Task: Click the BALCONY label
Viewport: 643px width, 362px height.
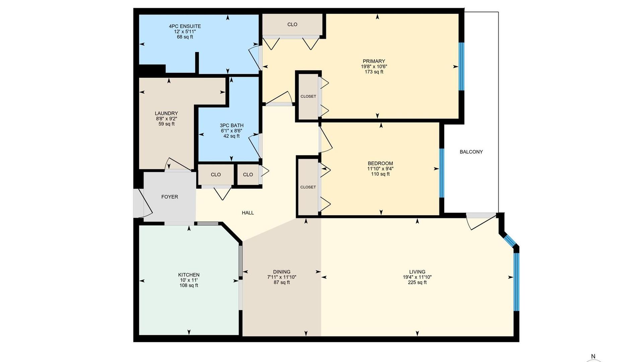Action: [x=471, y=152]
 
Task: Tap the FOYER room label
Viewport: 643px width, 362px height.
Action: [x=170, y=197]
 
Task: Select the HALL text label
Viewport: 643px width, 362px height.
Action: [x=248, y=213]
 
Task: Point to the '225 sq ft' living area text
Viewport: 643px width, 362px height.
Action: [x=417, y=283]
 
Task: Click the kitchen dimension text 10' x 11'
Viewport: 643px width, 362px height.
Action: [x=189, y=280]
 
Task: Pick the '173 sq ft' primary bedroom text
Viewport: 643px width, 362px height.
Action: [x=374, y=72]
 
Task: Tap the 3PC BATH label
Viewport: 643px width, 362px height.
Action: [x=232, y=126]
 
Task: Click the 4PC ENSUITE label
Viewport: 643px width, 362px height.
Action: [x=185, y=26]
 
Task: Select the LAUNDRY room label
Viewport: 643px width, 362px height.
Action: [x=166, y=113]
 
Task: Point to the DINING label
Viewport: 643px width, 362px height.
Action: [x=282, y=272]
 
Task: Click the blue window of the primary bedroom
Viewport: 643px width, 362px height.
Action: [x=461, y=66]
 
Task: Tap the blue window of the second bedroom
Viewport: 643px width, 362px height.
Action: [x=442, y=173]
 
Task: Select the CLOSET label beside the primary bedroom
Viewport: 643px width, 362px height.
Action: [x=308, y=97]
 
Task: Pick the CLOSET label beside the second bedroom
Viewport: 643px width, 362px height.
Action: [x=308, y=187]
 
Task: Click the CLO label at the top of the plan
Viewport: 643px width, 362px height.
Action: [x=292, y=24]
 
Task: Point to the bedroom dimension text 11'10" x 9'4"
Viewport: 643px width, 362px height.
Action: [x=380, y=169]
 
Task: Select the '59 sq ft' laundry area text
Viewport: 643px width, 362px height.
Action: [x=166, y=124]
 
